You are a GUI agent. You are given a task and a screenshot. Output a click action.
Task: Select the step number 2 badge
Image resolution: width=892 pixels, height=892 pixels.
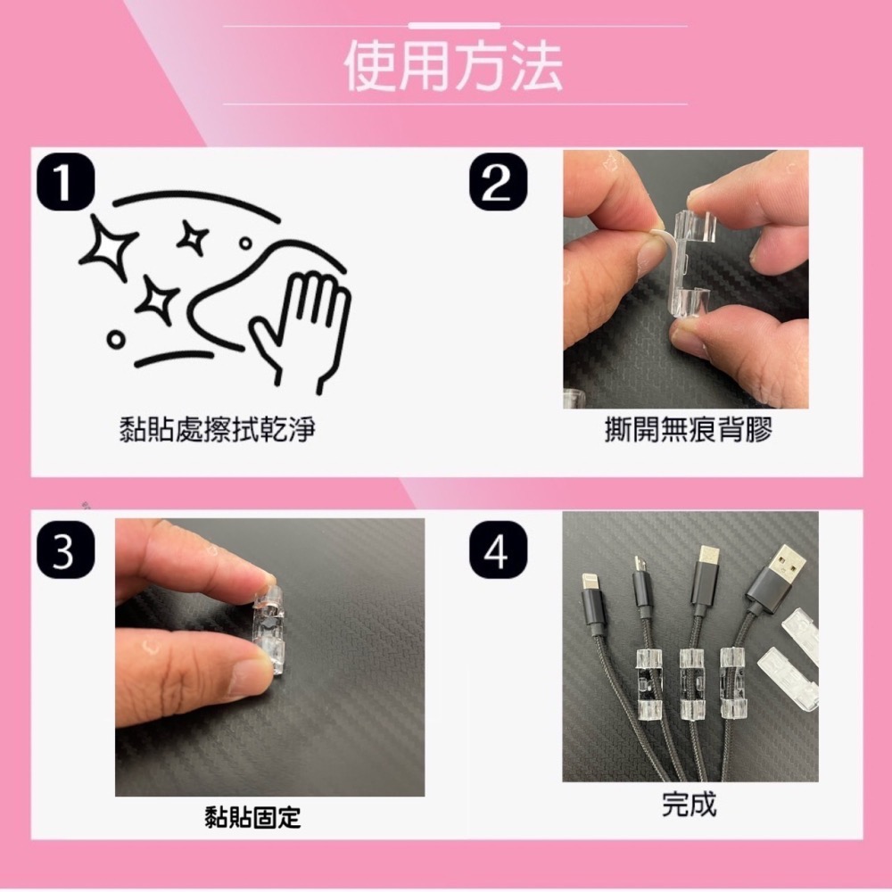pyautogui.click(x=498, y=181)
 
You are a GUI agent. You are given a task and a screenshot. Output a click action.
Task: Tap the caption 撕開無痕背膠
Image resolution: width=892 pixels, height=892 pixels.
pyautogui.click(x=686, y=431)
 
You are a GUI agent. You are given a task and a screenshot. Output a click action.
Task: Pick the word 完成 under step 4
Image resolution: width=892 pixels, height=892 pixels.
pyautogui.click(x=689, y=804)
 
